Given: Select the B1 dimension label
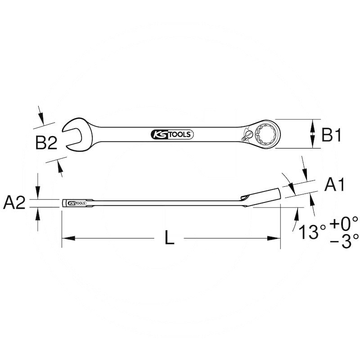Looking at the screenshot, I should click(333, 135).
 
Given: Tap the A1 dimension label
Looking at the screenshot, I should click(335, 184).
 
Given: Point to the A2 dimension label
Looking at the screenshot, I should click(14, 203).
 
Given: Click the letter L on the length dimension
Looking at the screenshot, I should click(169, 238).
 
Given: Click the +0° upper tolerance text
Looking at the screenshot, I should click(343, 222).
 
